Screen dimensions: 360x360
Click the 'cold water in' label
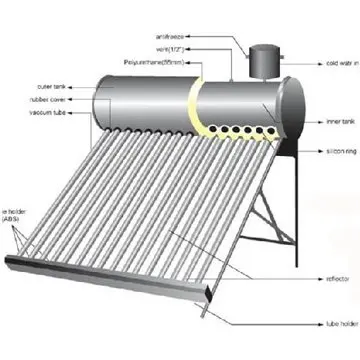(x=332, y=62)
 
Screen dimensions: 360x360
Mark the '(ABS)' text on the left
(x=13, y=221)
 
